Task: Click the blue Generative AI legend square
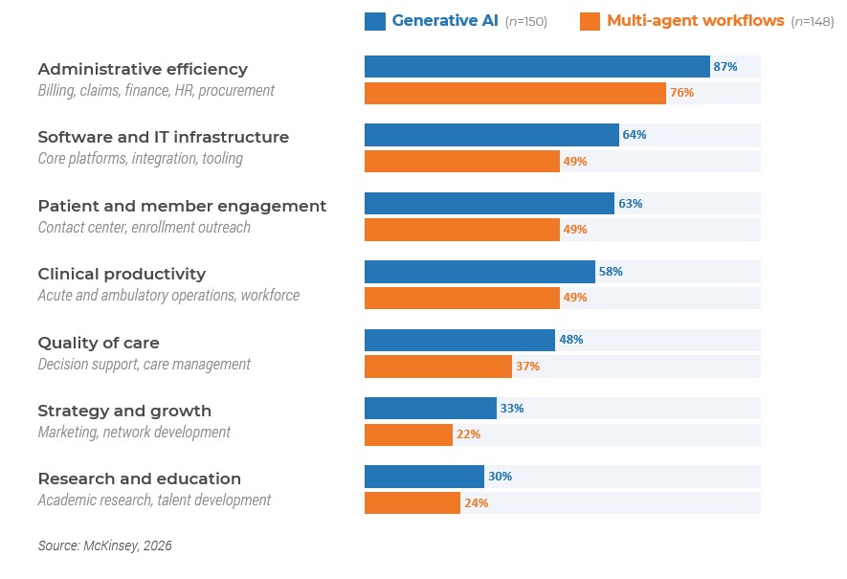click(x=375, y=22)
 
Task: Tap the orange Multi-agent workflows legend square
click(x=590, y=22)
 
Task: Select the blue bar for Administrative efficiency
click(x=537, y=66)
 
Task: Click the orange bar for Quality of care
click(x=438, y=367)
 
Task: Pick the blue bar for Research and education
click(x=424, y=477)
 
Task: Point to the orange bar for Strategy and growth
click(x=409, y=434)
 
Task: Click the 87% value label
click(x=724, y=66)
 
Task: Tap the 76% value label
click(x=681, y=93)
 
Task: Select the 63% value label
click(x=631, y=204)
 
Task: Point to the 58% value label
click(x=611, y=272)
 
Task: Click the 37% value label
click(x=527, y=367)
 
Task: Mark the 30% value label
click(x=501, y=477)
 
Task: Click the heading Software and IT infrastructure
click(x=163, y=137)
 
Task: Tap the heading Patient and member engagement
click(x=182, y=207)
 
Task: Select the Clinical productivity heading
click(x=122, y=275)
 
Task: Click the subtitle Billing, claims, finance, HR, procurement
click(x=156, y=90)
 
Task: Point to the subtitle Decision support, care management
click(x=145, y=364)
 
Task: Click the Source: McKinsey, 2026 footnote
click(x=104, y=546)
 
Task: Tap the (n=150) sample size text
click(x=526, y=22)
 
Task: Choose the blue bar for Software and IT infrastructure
click(x=492, y=135)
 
